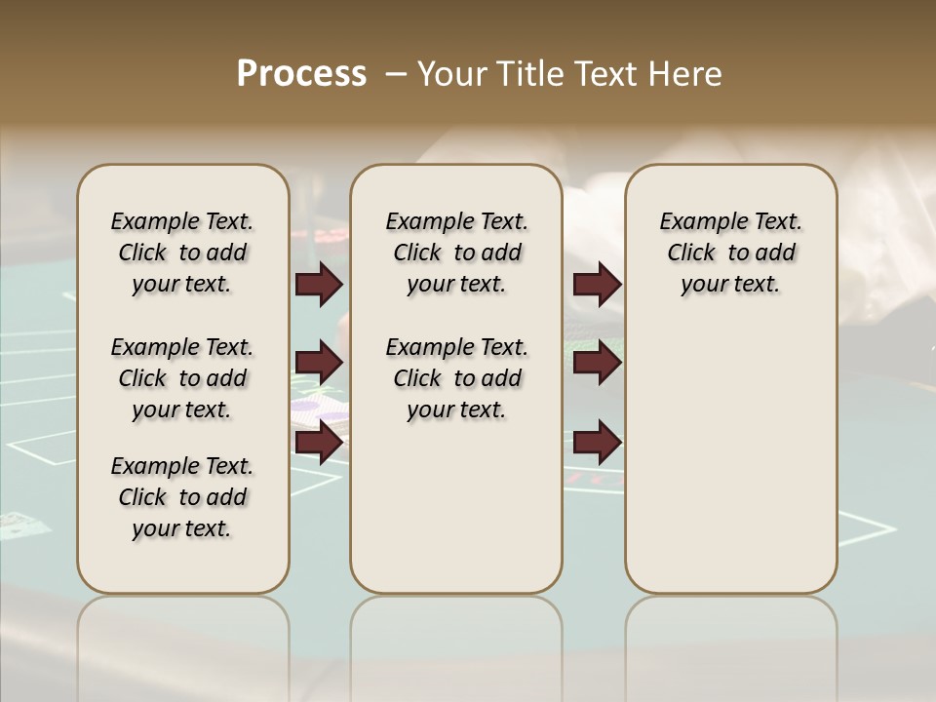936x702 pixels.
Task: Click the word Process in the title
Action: coord(301,74)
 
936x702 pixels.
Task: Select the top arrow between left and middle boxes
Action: coord(319,285)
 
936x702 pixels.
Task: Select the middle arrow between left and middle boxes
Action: coord(319,364)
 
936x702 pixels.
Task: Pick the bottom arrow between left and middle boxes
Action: coord(319,443)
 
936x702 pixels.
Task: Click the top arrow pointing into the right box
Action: coord(597,285)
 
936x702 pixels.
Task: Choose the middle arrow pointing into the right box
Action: coord(597,364)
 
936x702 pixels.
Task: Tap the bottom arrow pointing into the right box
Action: coord(597,443)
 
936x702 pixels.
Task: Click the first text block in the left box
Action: coord(181,253)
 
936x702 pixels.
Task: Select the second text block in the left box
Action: coord(181,378)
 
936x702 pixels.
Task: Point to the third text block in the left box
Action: coord(181,497)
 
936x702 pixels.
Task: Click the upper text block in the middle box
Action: coord(456,253)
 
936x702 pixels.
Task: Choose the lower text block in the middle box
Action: coord(456,378)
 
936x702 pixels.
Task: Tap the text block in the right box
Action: coord(730,253)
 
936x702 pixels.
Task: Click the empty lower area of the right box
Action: coord(730,458)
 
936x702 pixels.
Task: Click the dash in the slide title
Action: coord(396,74)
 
